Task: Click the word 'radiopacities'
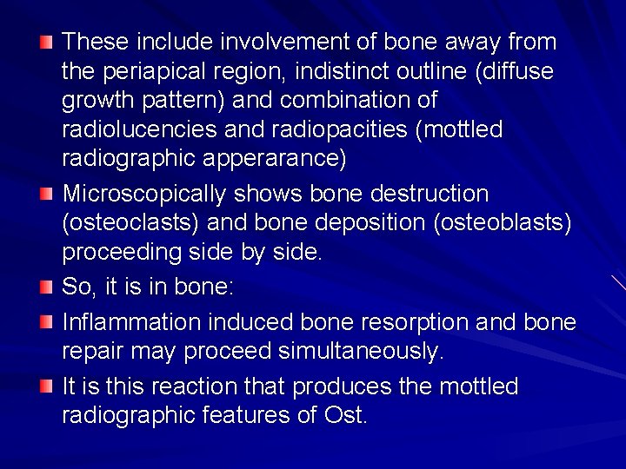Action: tap(335, 129)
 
